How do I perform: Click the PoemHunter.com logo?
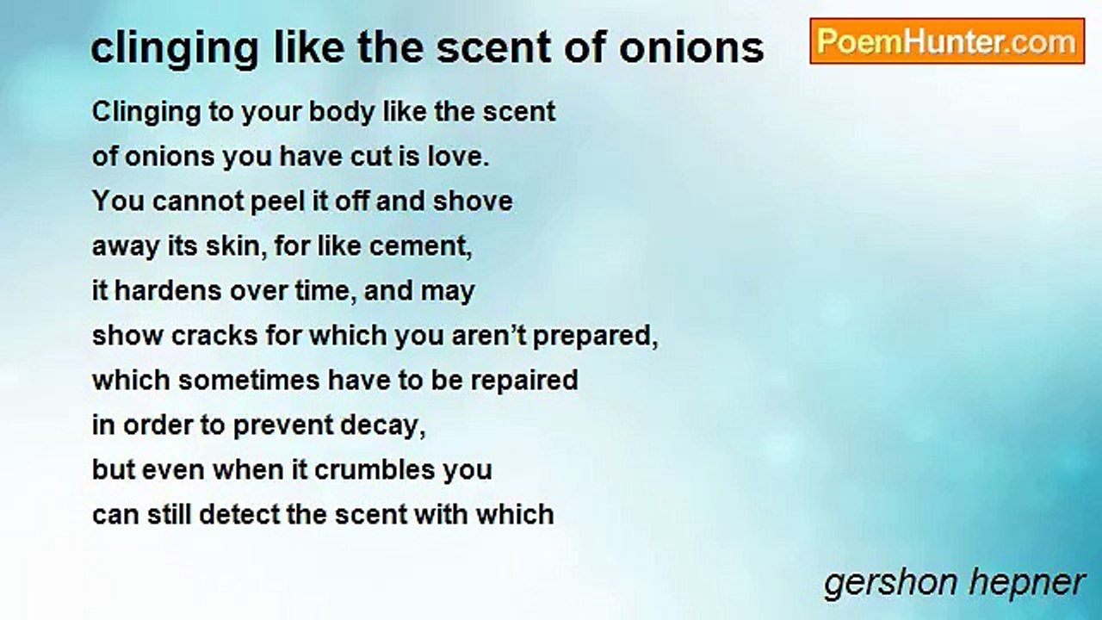946,41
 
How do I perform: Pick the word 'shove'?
473,201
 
